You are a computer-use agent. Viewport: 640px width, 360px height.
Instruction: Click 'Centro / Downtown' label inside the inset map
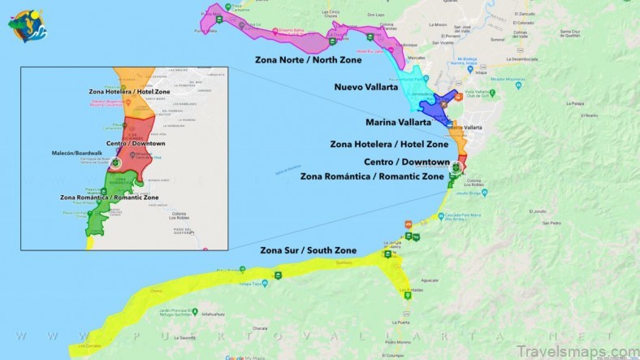coord(135,144)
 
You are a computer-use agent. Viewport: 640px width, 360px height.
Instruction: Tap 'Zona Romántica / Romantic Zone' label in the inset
coord(109,197)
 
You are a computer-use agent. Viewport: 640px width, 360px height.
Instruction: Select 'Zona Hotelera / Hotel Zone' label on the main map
coord(389,144)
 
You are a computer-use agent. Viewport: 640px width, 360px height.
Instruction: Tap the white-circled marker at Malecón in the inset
coord(115,163)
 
